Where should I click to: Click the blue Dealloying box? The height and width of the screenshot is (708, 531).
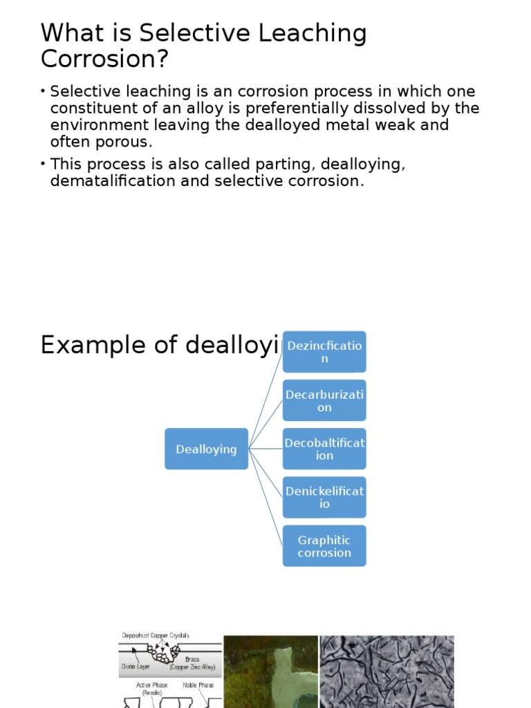tap(206, 449)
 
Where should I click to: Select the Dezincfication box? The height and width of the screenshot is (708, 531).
tap(324, 352)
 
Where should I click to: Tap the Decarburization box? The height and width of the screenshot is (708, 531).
tap(324, 400)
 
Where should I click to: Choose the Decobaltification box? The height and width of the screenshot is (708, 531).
tap(324, 449)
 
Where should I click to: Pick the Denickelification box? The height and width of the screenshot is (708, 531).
tap(324, 497)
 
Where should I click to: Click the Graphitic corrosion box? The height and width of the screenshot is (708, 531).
tap(324, 546)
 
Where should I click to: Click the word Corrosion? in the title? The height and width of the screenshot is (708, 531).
tap(104, 59)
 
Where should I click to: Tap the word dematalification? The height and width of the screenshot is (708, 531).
tap(130, 181)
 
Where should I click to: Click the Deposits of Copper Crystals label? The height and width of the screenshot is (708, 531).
tap(156, 635)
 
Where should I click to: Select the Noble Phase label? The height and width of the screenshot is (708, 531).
tap(198, 684)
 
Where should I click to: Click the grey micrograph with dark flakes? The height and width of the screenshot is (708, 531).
tap(386, 671)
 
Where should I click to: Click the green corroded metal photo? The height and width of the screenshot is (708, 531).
tap(270, 671)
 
